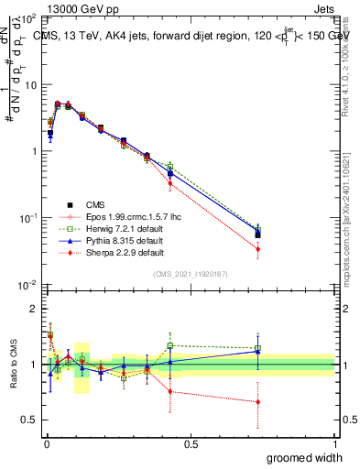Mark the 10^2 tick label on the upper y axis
click(x=28, y=18)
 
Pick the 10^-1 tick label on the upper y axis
click(x=28, y=218)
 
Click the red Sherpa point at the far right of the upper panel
click(x=257, y=249)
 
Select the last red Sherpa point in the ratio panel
click(x=257, y=402)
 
